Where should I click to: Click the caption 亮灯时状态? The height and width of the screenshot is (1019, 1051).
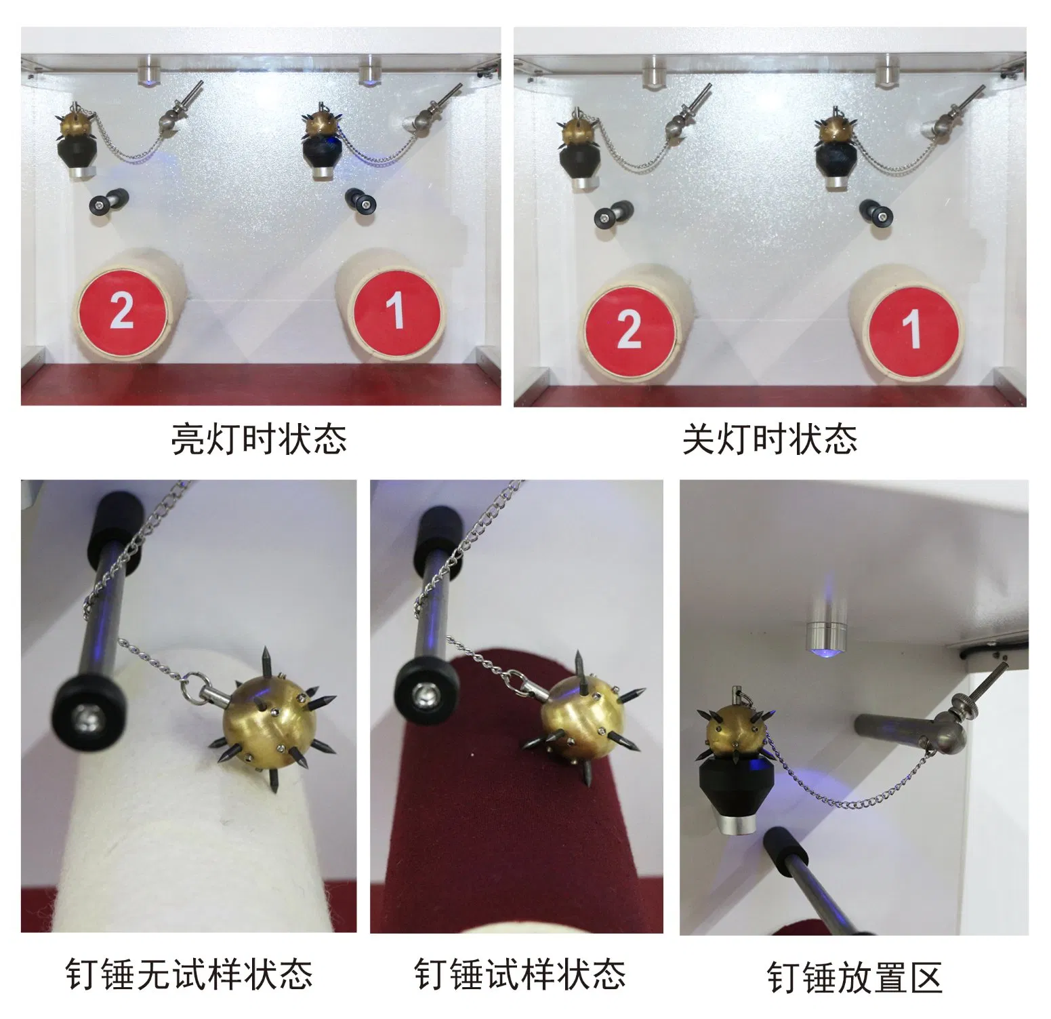(x=259, y=439)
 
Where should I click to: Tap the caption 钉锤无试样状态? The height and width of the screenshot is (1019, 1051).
(x=189, y=974)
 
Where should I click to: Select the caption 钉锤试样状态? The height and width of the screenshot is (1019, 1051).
(x=520, y=974)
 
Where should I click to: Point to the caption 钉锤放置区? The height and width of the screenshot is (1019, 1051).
(x=854, y=977)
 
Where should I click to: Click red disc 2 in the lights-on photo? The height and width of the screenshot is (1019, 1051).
(x=122, y=312)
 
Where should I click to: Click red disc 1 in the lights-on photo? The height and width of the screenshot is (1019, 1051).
(x=396, y=311)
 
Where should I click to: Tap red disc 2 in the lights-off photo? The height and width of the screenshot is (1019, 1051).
(x=630, y=329)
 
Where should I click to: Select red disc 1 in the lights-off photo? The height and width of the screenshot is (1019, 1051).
(x=914, y=329)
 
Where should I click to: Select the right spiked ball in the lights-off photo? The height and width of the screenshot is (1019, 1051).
(x=836, y=132)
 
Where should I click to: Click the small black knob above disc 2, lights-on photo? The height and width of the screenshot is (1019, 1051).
(x=108, y=201)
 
